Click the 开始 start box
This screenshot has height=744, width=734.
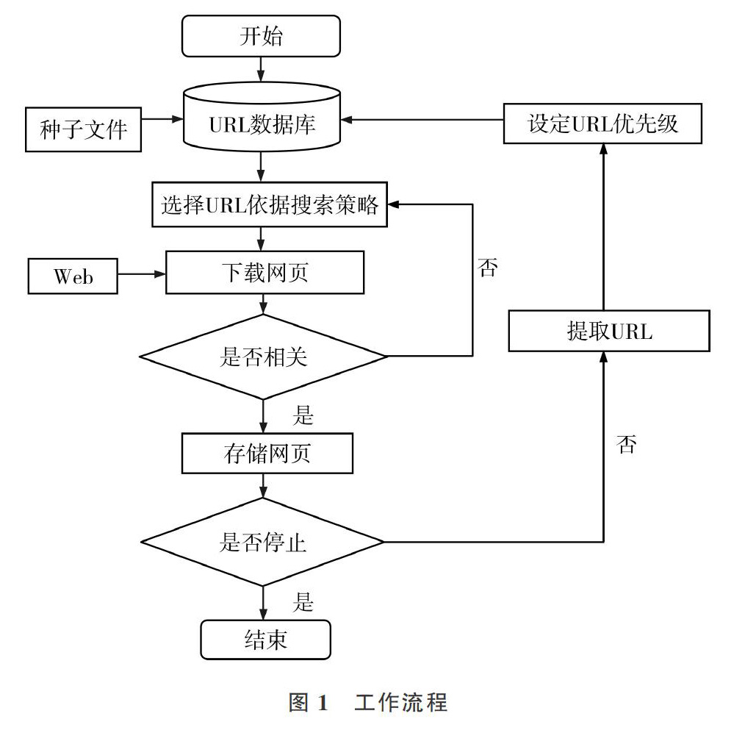[x=261, y=36]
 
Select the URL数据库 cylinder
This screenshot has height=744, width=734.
[x=262, y=117]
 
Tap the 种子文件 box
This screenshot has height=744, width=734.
[x=84, y=129]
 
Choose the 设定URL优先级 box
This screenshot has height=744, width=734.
[x=602, y=124]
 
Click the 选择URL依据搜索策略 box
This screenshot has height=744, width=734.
[x=270, y=204]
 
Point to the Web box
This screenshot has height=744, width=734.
[x=73, y=276]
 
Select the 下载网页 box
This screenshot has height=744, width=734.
[x=265, y=272]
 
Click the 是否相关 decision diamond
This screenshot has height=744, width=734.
[x=263, y=357]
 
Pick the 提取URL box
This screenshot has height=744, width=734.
[x=609, y=331]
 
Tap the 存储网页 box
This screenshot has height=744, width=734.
[x=267, y=453]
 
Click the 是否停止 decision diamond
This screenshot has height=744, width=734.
[x=263, y=542]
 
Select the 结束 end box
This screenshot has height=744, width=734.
[x=265, y=640]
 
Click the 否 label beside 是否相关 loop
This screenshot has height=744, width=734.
[x=488, y=268]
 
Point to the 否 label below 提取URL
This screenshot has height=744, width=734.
[x=627, y=445]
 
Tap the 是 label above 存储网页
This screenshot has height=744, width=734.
[x=303, y=415]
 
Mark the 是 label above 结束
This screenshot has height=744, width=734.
[x=303, y=602]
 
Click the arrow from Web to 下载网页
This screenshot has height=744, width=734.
[x=142, y=273]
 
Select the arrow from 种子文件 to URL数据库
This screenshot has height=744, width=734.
[x=162, y=119]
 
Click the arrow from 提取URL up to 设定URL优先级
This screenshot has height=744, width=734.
[x=604, y=227]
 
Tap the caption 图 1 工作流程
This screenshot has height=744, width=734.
[x=368, y=702]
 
